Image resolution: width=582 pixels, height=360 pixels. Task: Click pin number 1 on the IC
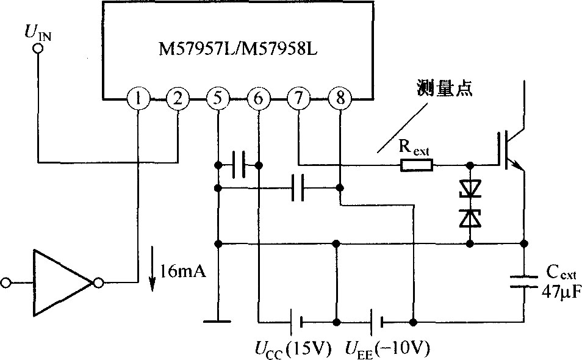pyautogui.click(x=138, y=99)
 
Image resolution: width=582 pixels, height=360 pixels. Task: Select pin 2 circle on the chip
pyautogui.click(x=178, y=99)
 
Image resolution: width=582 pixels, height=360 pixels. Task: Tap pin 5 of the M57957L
pyautogui.click(x=218, y=99)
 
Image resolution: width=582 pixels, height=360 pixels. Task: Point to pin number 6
pyautogui.click(x=259, y=99)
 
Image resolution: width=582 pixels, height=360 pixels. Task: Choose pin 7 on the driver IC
pyautogui.click(x=299, y=99)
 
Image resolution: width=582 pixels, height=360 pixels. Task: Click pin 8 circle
pyautogui.click(x=340, y=99)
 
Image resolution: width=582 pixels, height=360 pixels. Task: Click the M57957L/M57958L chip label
pyautogui.click(x=239, y=49)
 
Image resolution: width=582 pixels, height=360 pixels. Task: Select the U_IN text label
pyautogui.click(x=38, y=32)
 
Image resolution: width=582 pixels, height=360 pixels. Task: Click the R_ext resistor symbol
pyautogui.click(x=417, y=165)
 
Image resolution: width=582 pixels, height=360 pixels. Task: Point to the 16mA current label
pyautogui.click(x=182, y=272)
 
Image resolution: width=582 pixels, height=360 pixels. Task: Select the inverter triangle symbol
pyautogui.click(x=62, y=283)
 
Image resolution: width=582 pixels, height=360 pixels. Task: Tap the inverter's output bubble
pyautogui.click(x=98, y=283)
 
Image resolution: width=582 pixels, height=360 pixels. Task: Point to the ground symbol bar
pyautogui.click(x=218, y=322)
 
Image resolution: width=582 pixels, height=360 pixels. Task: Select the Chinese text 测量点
pyautogui.click(x=444, y=88)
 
